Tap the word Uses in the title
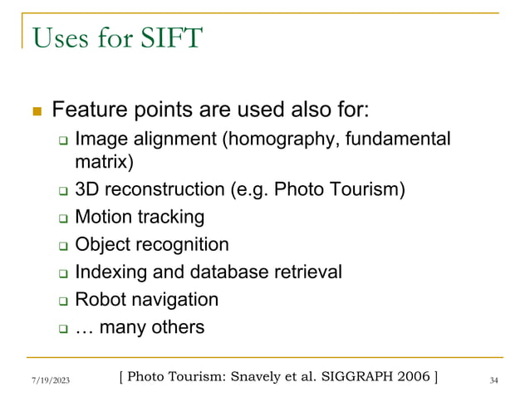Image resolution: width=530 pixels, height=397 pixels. click(60, 37)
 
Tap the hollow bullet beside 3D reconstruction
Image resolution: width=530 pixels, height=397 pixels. click(62, 191)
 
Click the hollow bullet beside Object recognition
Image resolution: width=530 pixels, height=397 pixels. click(62, 246)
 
